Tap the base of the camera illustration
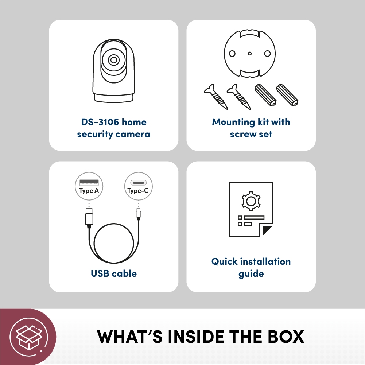(x=114, y=98)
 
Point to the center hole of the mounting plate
(x=249, y=54)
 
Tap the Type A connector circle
(x=89, y=186)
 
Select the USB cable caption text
(x=114, y=273)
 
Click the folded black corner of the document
(x=267, y=231)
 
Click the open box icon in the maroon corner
(x=26, y=336)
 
